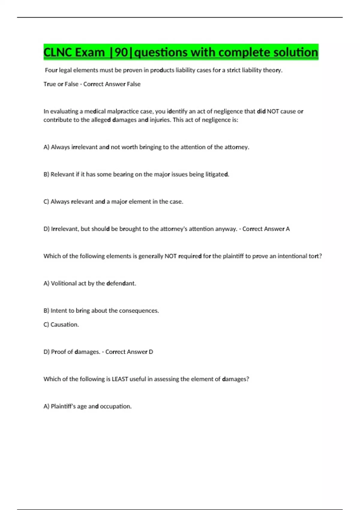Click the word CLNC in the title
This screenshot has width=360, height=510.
coord(58,52)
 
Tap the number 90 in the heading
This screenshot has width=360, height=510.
coord(121,52)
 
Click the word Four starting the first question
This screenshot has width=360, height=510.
coord(51,70)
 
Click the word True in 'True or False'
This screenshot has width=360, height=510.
coord(49,84)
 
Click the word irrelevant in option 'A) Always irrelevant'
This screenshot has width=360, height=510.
coord(84,147)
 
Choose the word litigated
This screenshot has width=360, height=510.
coord(217,174)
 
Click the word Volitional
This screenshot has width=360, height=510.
coord(64,283)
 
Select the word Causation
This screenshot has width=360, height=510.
coord(64,324)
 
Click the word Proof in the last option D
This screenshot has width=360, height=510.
coord(58,352)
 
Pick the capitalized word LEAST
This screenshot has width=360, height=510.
coord(120,379)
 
